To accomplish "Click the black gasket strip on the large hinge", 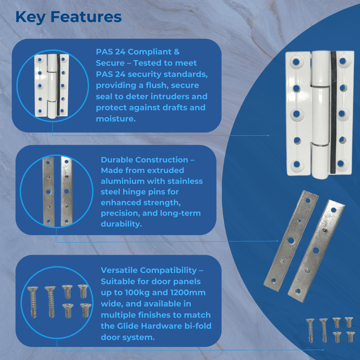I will (x=333, y=113).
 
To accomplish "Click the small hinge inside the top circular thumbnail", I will (x=51, y=85).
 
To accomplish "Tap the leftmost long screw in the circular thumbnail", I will (x=32, y=302).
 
